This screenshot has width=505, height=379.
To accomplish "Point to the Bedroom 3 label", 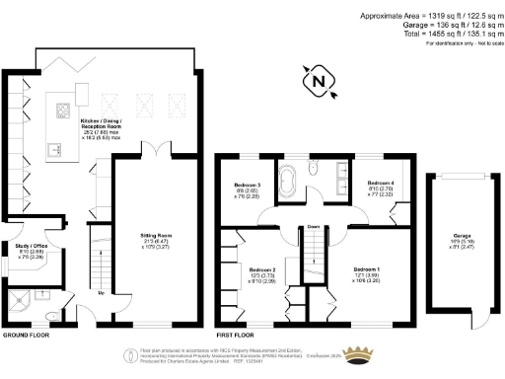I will click(247, 188).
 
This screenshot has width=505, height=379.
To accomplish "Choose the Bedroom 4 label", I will click(382, 185).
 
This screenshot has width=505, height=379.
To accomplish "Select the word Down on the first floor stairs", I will click(314, 226).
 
